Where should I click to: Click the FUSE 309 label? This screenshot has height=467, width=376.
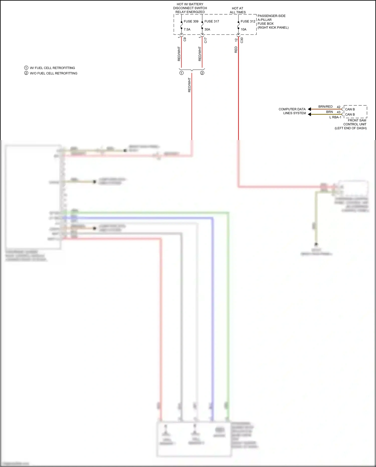tap(191, 21)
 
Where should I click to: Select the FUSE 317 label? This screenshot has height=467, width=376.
tap(212, 21)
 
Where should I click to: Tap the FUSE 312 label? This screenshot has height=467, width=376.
tap(248, 21)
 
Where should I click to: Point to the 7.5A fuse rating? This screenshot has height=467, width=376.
tap(187, 29)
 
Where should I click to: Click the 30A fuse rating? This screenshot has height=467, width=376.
tap(207, 29)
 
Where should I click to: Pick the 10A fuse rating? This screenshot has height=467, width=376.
tap(244, 29)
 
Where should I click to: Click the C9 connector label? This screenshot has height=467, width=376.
tap(185, 39)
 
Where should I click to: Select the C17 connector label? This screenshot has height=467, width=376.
tap(206, 40)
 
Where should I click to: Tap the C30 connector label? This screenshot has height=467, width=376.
tap(242, 40)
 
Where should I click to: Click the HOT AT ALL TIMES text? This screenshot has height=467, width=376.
tap(238, 10)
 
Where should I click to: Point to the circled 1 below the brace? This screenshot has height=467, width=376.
tap(181, 73)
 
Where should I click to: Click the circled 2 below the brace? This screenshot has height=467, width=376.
tap(202, 73)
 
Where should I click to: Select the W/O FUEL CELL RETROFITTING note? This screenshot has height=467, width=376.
tap(53, 73)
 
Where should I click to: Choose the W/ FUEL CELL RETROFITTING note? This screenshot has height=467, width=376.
tap(52, 68)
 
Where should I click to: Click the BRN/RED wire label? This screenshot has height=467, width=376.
tap(325, 107)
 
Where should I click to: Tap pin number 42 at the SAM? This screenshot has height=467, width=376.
tap(339, 107)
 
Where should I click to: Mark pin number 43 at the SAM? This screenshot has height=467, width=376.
tap(339, 112)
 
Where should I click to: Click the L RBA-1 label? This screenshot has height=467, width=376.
tap(335, 117)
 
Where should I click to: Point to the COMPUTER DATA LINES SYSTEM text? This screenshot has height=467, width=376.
tap(292, 111)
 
